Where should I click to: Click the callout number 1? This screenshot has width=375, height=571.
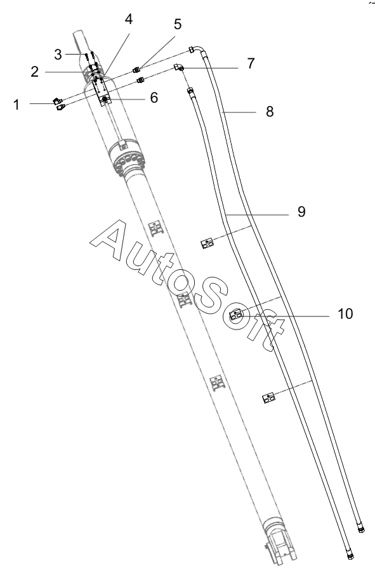tap(16, 105)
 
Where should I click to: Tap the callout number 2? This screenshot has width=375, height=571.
tap(35, 72)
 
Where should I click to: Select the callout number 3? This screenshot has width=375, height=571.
tap(58, 55)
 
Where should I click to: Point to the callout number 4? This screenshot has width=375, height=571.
tap(129, 19)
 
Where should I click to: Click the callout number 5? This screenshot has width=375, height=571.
tap(178, 24)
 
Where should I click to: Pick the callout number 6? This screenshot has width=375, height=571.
tap(154, 98)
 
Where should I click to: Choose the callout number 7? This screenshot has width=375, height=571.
tap(251, 63)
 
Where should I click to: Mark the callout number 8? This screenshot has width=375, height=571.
tap(270, 112)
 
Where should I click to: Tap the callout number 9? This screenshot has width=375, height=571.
tap(301, 212)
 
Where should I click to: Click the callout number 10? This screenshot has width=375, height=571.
tap(345, 314)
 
